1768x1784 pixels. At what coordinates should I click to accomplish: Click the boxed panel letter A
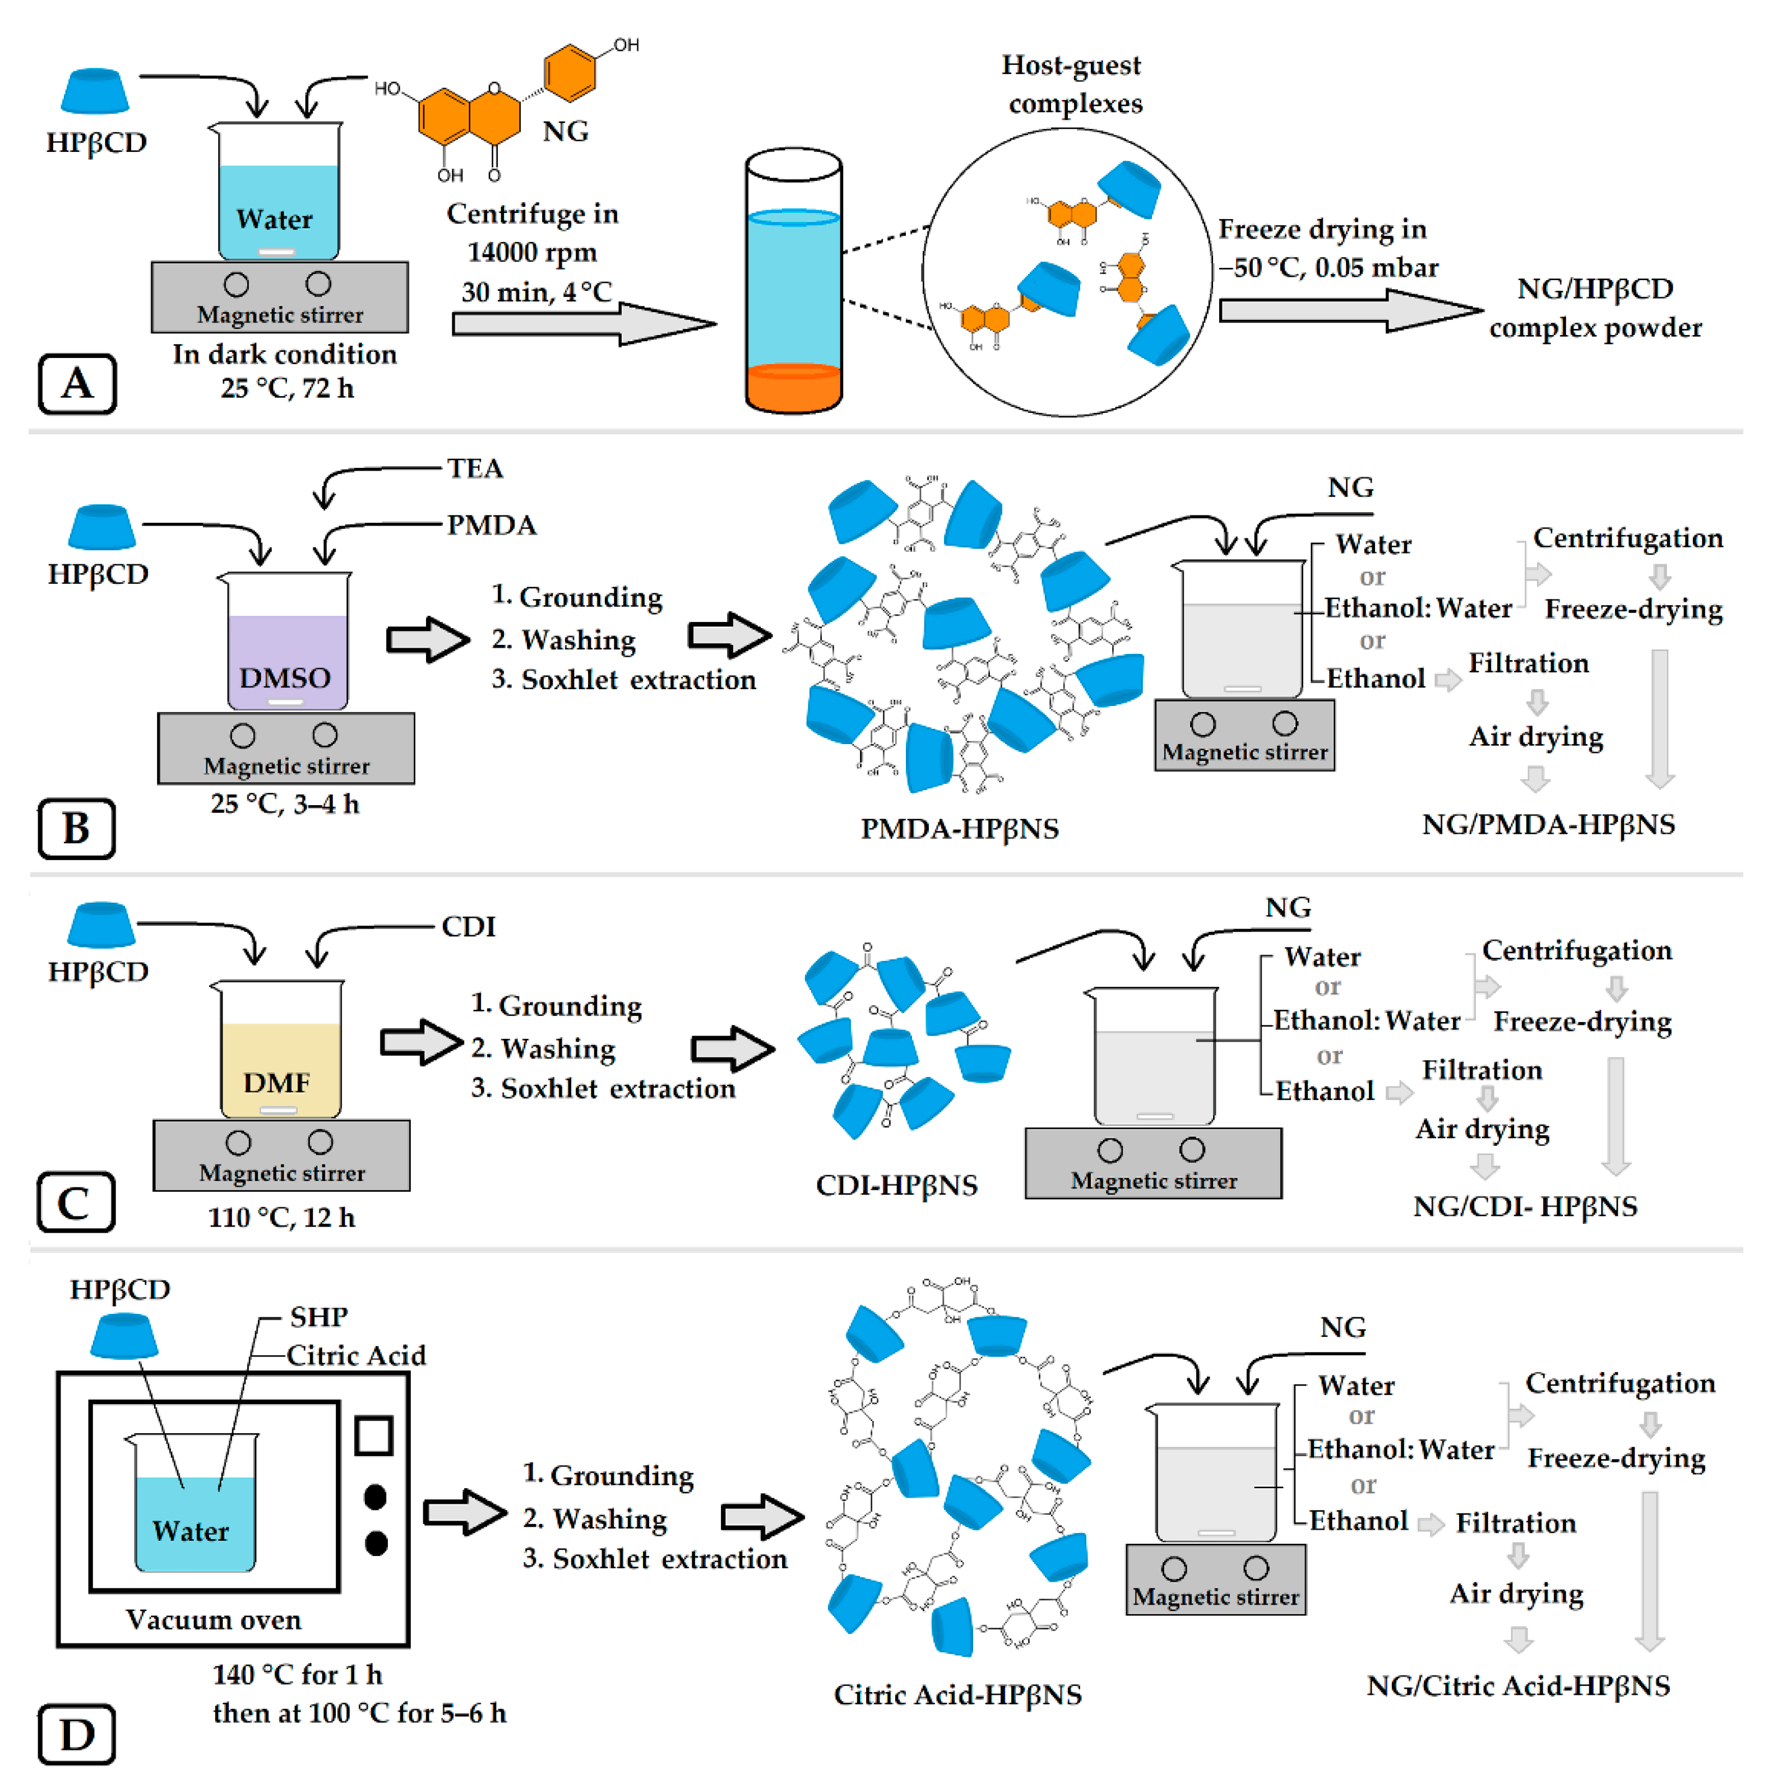click(x=77, y=383)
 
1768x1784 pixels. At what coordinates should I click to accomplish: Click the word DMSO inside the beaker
click(x=285, y=678)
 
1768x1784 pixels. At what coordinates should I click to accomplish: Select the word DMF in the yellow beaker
click(x=276, y=1082)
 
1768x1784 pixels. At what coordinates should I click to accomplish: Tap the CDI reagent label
click(x=468, y=926)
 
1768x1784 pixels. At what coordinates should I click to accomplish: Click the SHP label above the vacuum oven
click(x=319, y=1316)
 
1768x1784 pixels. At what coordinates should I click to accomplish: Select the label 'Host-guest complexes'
click(x=1073, y=84)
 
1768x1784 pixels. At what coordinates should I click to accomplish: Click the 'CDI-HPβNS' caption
click(x=896, y=1184)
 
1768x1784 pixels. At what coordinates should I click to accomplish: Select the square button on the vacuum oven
click(x=374, y=1436)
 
